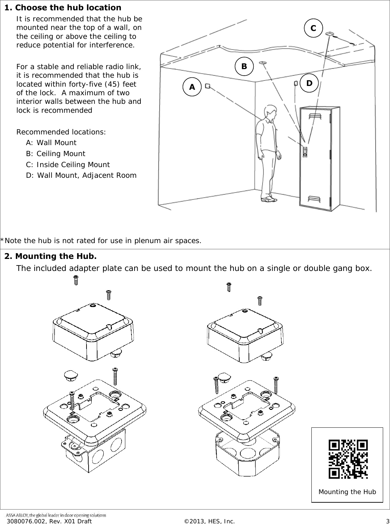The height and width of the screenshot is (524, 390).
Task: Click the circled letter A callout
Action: point(192,87)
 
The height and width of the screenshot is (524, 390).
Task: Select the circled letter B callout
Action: point(244,66)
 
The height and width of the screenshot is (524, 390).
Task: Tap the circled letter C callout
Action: point(313,28)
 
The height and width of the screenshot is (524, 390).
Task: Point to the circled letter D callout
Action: point(309,83)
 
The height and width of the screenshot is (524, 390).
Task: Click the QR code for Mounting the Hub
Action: point(348,459)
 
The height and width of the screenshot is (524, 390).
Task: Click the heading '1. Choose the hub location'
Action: point(63,8)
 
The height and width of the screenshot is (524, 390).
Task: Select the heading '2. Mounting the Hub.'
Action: point(50,256)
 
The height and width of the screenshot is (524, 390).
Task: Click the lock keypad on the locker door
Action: point(305,151)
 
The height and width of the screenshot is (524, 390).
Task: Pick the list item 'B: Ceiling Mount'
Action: point(56,154)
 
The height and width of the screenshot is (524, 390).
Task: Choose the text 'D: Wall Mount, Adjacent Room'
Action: point(81,176)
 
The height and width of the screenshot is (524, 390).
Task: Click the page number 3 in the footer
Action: point(387,521)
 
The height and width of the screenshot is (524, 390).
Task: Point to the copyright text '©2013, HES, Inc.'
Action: point(209,521)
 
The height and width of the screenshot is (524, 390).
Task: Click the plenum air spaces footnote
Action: point(101,240)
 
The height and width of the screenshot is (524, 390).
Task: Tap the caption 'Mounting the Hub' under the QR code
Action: point(347,492)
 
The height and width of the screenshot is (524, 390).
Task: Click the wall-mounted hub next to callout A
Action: point(208,86)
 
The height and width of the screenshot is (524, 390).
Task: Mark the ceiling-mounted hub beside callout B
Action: point(263,63)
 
